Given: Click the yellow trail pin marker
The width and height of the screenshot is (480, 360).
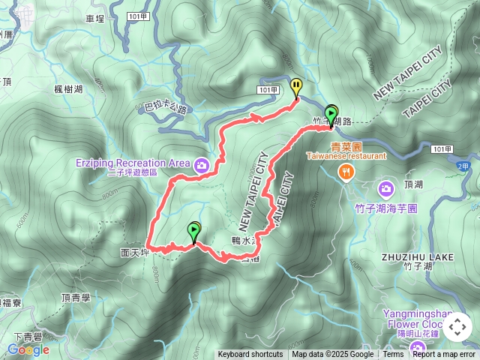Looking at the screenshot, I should (296, 86).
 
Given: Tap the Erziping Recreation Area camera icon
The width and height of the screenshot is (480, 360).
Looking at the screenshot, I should (201, 165).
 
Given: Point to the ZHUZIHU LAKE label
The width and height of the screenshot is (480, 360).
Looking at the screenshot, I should (417, 256).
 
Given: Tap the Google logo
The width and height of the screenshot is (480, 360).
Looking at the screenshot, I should (28, 349).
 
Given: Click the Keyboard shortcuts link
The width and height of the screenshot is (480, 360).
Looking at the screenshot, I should (250, 355).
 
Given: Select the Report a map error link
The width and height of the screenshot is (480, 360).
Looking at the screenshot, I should (444, 355).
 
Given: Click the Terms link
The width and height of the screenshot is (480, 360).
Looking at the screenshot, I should (393, 355).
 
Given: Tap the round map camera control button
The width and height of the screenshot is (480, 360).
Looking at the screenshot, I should (457, 327).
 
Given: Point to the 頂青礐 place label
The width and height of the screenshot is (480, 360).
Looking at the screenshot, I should (74, 297).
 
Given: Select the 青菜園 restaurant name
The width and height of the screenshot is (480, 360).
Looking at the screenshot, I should (346, 147).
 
